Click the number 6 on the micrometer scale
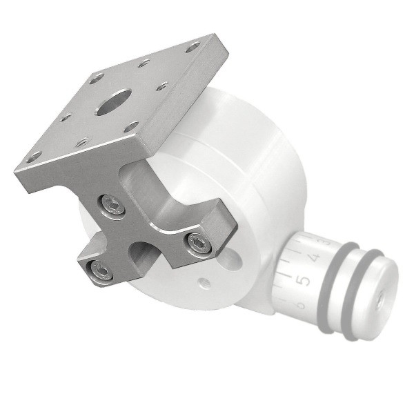tap(298, 304)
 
